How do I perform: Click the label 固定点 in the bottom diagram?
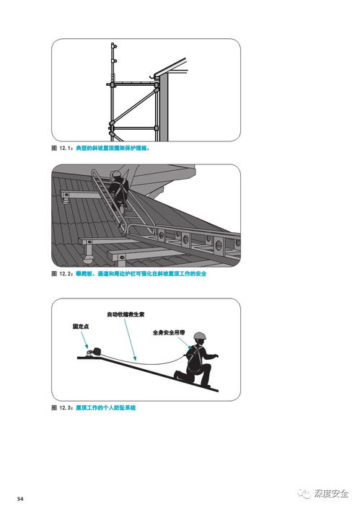[81, 326]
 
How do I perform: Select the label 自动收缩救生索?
[127, 315]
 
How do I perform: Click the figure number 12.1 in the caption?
[64, 149]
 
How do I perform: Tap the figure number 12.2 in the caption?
[64, 275]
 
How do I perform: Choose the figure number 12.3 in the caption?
[64, 408]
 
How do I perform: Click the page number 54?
[22, 499]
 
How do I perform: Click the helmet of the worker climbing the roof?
[116, 175]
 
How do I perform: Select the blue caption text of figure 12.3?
[105, 408]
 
